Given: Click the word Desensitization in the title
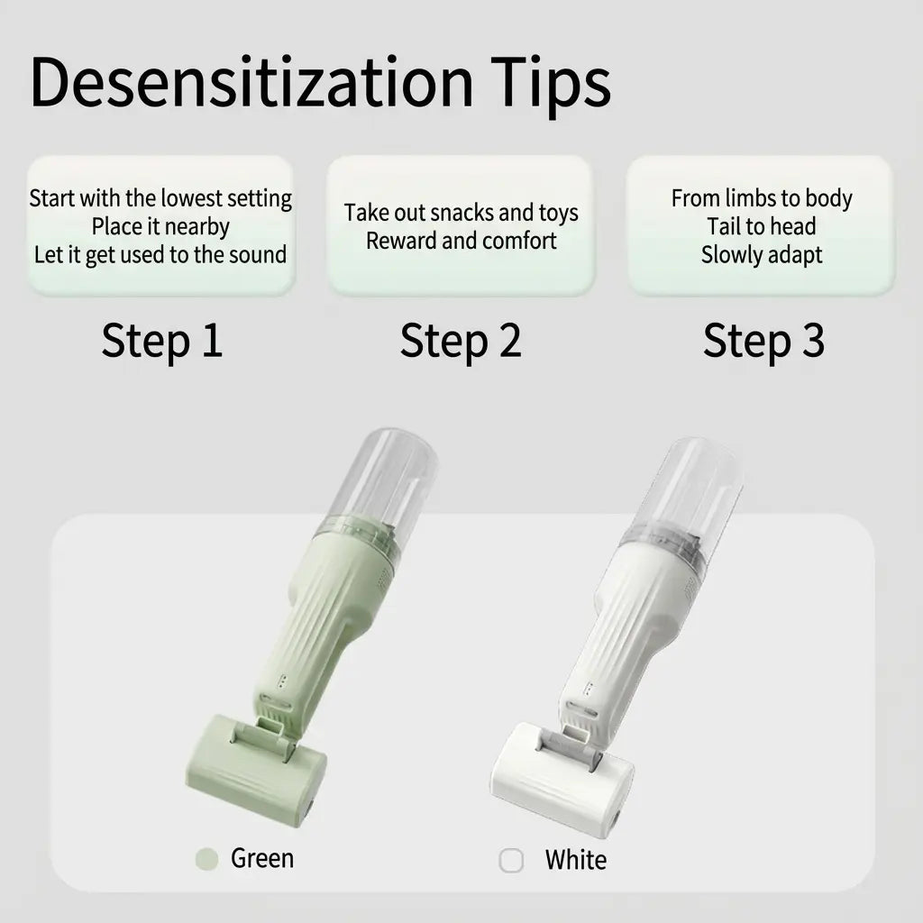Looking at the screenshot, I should click(x=251, y=83).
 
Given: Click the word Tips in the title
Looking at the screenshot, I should click(x=551, y=83).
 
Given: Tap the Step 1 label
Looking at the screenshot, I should click(x=161, y=342).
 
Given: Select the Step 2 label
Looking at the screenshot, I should click(x=461, y=342).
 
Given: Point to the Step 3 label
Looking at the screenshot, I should click(x=763, y=342).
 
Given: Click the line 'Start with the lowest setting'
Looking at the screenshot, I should click(x=160, y=198).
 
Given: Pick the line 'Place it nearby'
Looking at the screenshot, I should click(x=160, y=226).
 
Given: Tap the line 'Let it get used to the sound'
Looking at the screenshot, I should click(x=160, y=254).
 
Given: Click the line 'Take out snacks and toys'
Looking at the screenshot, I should click(x=461, y=213).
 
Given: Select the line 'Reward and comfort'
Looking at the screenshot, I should click(x=461, y=241).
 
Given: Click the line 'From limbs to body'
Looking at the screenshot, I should click(x=762, y=198).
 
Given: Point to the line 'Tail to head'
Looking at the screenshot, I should click(x=762, y=226).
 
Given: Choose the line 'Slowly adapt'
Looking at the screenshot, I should click(x=762, y=254).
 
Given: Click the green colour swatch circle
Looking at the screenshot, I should click(x=207, y=859).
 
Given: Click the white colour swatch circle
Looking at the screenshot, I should click(x=511, y=861).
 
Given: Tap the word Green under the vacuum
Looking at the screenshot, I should click(x=262, y=858).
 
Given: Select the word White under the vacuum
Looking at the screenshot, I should click(x=575, y=860).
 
